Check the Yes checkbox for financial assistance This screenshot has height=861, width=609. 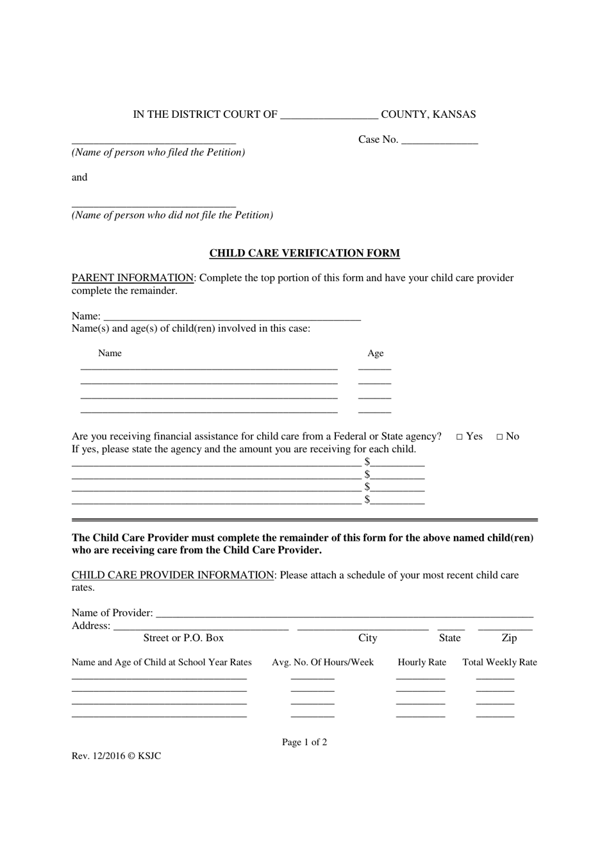(x=460, y=437)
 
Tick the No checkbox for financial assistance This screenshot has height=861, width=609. (x=500, y=437)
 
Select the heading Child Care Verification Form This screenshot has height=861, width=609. (x=304, y=253)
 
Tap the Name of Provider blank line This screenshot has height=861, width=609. (x=344, y=614)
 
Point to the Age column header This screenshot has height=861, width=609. (x=376, y=354)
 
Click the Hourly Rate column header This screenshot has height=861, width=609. (x=422, y=662)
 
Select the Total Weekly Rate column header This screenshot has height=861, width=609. (x=500, y=662)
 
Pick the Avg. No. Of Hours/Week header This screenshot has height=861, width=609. (x=322, y=662)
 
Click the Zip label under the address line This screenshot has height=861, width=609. (x=509, y=638)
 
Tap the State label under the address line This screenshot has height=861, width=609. (x=449, y=638)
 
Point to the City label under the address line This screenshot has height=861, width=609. (x=368, y=638)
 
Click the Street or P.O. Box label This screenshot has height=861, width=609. (x=183, y=638)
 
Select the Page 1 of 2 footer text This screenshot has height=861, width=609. (x=304, y=742)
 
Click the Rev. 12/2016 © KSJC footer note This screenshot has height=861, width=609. (x=117, y=756)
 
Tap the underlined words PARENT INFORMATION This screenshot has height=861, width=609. (x=133, y=278)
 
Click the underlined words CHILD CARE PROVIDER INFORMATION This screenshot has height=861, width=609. (x=173, y=575)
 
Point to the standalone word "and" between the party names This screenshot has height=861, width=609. (x=79, y=177)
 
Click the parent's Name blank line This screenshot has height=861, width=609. (x=232, y=316)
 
